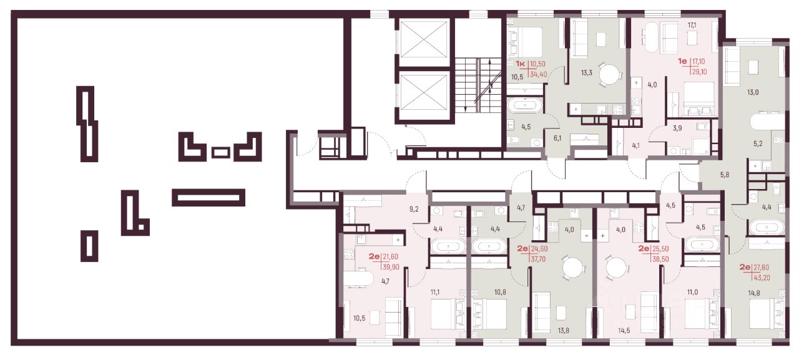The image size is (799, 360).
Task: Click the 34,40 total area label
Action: click(x=539, y=74)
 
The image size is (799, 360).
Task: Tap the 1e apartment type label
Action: click(x=682, y=61)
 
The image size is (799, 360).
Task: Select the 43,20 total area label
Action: click(x=762, y=277)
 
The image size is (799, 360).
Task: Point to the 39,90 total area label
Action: click(x=391, y=267)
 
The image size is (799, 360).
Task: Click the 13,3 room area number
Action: click(x=586, y=73)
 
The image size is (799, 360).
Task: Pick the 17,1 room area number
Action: click(x=692, y=26)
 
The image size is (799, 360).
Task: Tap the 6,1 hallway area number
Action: click(x=557, y=138)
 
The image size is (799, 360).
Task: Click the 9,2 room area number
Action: click(x=414, y=209)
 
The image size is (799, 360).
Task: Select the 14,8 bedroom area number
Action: click(x=754, y=293)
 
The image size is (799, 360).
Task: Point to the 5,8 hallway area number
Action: click(x=725, y=175)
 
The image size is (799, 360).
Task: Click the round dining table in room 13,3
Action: click(x=610, y=74)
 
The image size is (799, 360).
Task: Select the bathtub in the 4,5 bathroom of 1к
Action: click(x=525, y=105)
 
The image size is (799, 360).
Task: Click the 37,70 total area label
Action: click(x=538, y=259)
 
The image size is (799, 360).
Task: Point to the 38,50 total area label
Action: click(x=660, y=259)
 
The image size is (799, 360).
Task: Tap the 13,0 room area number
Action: click(x=753, y=92)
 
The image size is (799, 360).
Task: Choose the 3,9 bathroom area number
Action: click(x=677, y=128)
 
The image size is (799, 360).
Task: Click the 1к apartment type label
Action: click(x=521, y=64)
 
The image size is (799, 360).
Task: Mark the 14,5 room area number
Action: click(x=624, y=331)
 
